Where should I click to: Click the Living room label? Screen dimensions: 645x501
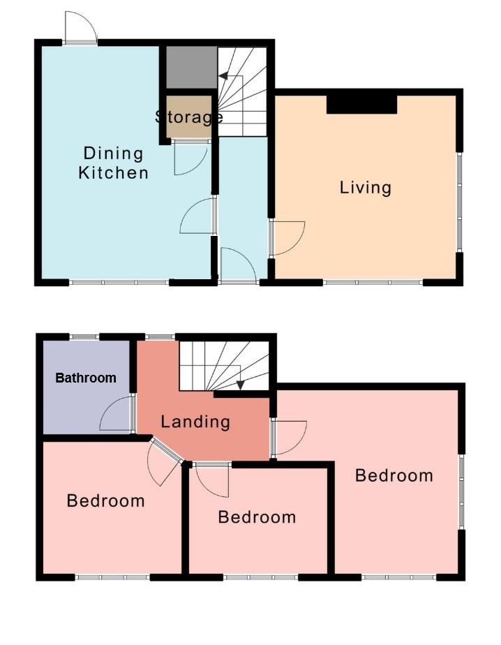[365, 187]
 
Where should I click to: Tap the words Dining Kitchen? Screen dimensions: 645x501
[113, 163]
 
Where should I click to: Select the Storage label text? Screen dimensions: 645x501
[188, 117]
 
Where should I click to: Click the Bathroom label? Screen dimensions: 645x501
[86, 378]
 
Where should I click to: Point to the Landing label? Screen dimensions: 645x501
[195, 422]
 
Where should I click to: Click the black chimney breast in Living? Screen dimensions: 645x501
[361, 104]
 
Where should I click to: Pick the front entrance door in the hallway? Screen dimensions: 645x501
[237, 266]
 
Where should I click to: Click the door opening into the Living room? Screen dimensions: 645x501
[287, 237]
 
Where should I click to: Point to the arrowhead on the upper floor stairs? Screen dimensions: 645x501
[239, 383]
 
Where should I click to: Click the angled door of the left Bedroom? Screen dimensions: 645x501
[164, 464]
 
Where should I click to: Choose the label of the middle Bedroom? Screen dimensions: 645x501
[257, 517]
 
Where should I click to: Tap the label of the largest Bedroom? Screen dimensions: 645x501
[394, 475]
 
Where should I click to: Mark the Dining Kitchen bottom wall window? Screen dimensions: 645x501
[119, 283]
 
